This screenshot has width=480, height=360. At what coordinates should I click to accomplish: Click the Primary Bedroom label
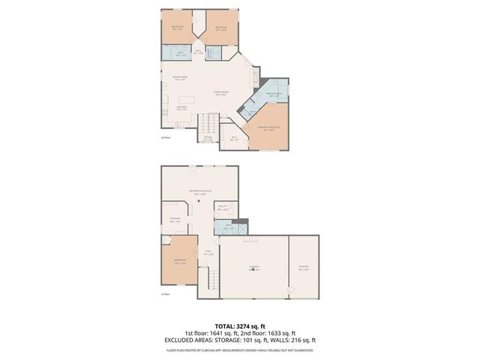point(263,129)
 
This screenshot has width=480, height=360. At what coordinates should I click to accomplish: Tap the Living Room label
point(220,94)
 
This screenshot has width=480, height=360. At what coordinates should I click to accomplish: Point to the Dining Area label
point(178,78)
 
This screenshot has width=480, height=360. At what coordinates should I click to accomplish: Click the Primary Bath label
point(273,94)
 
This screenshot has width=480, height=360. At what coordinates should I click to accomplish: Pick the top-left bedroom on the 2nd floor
point(177,28)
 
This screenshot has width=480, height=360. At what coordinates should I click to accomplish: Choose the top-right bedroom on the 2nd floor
point(221,28)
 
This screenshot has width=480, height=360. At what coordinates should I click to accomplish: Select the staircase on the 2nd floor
point(208,122)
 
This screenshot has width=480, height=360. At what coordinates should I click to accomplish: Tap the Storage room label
point(174,220)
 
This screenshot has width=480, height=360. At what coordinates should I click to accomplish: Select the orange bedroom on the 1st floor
point(178,262)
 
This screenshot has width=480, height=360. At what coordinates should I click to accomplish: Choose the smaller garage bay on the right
point(304,266)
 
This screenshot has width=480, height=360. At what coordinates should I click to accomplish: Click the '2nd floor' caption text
point(165,138)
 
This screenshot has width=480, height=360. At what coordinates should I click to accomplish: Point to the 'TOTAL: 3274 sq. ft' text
point(240,326)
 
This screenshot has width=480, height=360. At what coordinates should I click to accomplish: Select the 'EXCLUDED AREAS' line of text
point(240,340)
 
